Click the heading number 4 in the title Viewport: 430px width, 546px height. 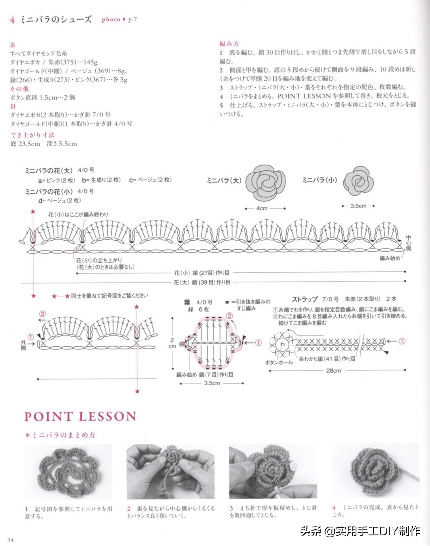[x=12, y=20]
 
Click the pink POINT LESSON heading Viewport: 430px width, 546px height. [x=80, y=416]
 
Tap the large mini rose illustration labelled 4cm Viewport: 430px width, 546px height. [x=265, y=182]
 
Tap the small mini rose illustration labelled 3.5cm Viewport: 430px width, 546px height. [x=358, y=181]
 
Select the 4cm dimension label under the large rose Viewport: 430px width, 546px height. [x=262, y=208]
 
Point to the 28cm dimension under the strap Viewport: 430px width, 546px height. [x=333, y=370]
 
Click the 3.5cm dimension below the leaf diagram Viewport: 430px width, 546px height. [x=212, y=383]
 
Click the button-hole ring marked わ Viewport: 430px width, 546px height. [x=282, y=344]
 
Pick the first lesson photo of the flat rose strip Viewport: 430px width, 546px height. [x=68, y=472]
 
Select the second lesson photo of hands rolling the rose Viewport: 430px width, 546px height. [x=171, y=472]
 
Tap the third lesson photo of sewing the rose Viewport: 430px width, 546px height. [x=273, y=472]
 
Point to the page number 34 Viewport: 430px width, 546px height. [x=10, y=540]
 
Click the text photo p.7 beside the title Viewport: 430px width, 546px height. [x=119, y=19]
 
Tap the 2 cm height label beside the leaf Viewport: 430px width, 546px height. [x=172, y=343]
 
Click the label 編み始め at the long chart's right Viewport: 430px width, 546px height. [x=389, y=258]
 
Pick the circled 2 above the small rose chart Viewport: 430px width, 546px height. [x=42, y=314]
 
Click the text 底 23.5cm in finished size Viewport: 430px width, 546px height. [x=25, y=144]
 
